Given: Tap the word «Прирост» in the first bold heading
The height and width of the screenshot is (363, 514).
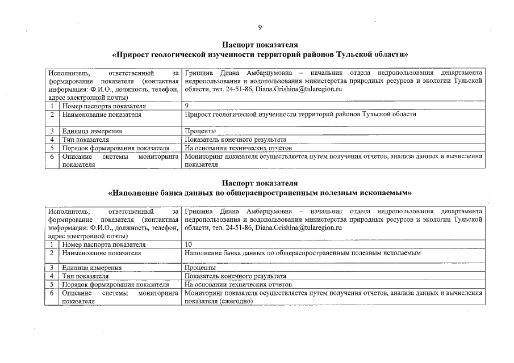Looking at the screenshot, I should [134, 55].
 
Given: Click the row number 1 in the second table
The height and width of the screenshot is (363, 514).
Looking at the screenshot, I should [52, 244].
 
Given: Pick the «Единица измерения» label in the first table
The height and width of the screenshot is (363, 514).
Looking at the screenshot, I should [92, 131].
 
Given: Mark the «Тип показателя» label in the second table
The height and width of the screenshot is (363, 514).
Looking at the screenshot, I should [85, 276].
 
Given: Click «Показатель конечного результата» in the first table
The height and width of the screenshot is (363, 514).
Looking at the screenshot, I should [235, 139].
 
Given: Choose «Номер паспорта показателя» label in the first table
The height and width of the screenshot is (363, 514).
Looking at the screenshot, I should [104, 106].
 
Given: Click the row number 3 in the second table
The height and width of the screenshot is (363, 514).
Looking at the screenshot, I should [52, 268].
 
